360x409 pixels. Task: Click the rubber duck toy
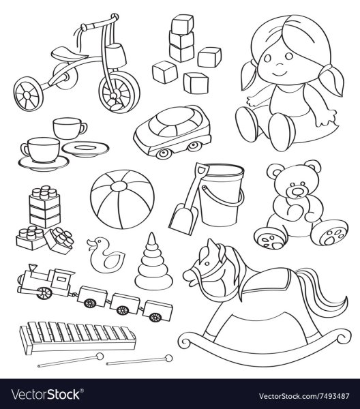pyautogui.click(x=105, y=255)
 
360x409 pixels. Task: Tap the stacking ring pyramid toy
pyautogui.click(x=153, y=263)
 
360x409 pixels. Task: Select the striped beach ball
pyautogui.click(x=122, y=199)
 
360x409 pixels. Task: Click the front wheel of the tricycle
pyautogui.click(x=119, y=92)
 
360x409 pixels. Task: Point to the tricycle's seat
pyautogui.click(x=69, y=54)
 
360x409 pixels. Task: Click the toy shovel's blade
pyautogui.click(x=183, y=219)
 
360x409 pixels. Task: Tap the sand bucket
pyautogui.click(x=221, y=194)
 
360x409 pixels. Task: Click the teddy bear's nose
pyautogui.click(x=297, y=192)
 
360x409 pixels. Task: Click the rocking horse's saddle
pyautogui.click(x=269, y=280)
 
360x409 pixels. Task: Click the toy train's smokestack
pyautogui.click(x=33, y=268)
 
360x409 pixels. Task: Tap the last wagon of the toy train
pyautogui.click(x=157, y=311)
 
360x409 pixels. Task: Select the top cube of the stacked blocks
pyautogui.click(x=182, y=24)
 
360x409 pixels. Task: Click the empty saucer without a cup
pyautogui.click(x=85, y=149)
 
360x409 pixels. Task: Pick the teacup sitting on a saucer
pyautogui.click(x=42, y=149)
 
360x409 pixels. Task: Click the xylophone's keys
pyautogui.click(x=78, y=332)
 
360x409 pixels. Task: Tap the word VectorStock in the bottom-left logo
pyautogui.click(x=46, y=395)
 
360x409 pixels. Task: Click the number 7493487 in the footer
pyautogui.click(x=333, y=396)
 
